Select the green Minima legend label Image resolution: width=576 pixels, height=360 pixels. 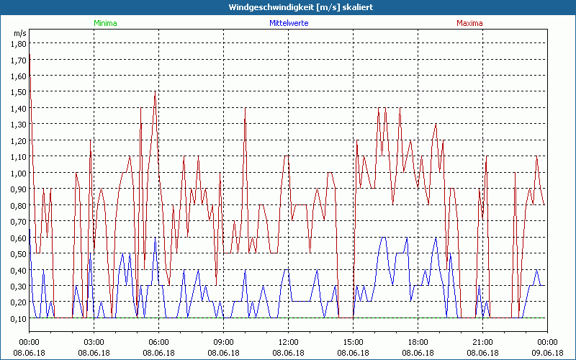point(105,23)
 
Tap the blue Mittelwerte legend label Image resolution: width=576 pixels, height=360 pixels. point(288,23)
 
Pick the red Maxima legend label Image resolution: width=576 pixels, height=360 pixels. point(469,23)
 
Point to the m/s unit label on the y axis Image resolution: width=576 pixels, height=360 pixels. point(19,33)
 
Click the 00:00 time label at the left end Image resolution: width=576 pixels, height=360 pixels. point(29,341)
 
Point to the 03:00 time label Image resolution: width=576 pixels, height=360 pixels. point(94,341)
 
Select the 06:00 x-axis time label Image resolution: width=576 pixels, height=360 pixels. point(158,341)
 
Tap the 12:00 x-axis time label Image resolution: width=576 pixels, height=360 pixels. point(288,341)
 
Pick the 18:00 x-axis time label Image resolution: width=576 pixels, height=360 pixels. point(418,341)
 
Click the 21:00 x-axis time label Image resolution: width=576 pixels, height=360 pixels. point(482,341)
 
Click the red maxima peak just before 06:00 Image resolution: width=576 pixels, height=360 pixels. point(155,92)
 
